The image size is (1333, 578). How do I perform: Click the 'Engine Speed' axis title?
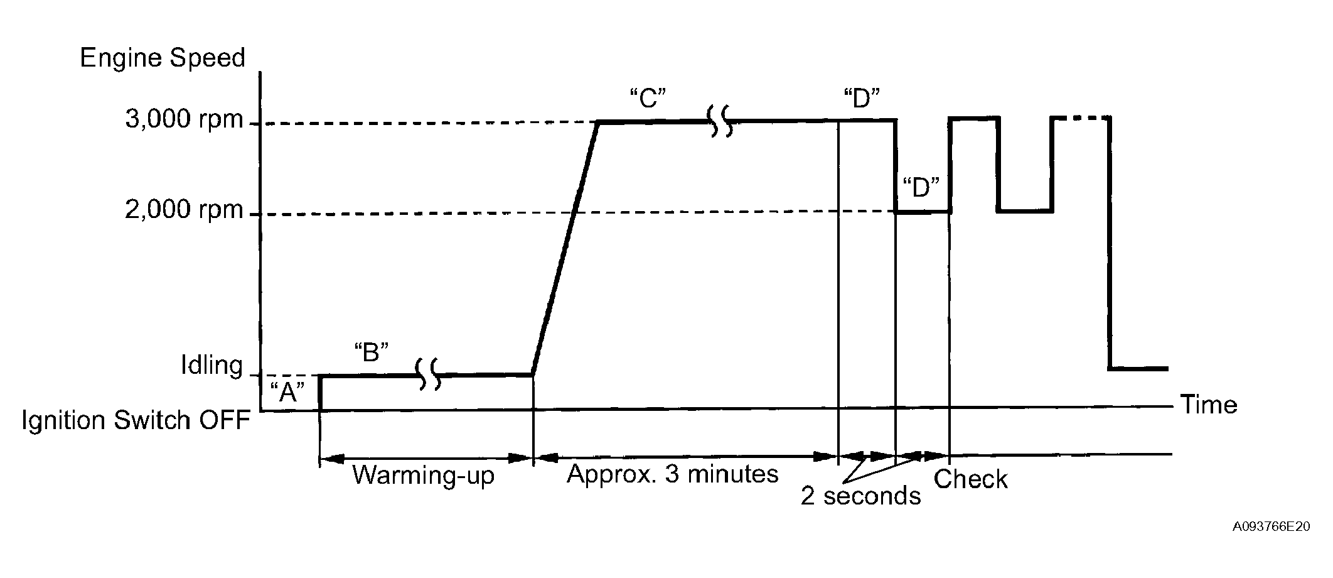pos(162,58)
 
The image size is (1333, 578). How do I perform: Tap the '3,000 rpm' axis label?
pos(184,119)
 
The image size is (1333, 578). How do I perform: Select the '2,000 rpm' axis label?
pos(184,209)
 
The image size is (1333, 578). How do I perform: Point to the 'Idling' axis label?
pos(211,365)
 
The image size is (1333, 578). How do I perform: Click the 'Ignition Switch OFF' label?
pos(136,420)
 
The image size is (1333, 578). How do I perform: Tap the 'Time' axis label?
pos(1209,405)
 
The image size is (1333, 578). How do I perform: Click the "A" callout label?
pos(287,392)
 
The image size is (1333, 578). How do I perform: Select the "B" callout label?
pos(372,352)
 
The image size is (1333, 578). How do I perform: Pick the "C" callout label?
pos(647,99)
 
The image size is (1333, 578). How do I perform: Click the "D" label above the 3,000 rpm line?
pos(862,99)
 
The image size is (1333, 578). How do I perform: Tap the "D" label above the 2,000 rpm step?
pos(921,188)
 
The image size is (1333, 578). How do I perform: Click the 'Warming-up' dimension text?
pos(423,475)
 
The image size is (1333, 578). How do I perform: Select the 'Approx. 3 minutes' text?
pos(672,474)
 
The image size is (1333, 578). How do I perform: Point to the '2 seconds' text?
pos(860,496)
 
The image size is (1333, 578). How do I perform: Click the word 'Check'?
pos(970,479)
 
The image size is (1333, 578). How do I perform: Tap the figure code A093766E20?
pos(1271,526)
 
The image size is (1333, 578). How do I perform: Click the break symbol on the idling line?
pos(429,374)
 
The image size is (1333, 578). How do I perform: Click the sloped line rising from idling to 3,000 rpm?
pos(565,248)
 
